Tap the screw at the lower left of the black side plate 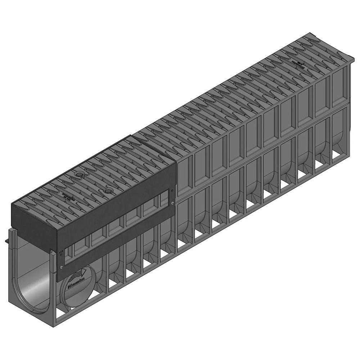[61, 267]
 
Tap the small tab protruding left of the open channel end [7, 240]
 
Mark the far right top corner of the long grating [354, 58]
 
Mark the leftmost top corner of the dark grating [12, 204]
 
